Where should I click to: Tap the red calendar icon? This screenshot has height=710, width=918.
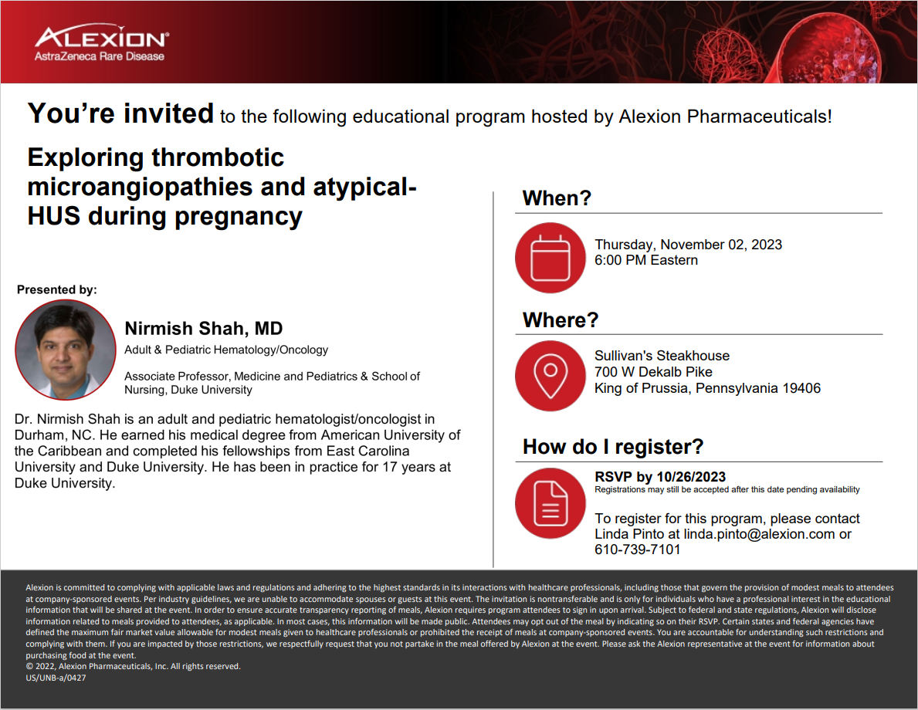[x=550, y=258]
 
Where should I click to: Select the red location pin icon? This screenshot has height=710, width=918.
[x=550, y=376]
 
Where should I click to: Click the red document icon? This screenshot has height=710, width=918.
[x=550, y=503]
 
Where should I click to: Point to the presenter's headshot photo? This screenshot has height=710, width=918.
[x=66, y=350]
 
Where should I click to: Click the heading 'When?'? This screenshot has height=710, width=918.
[x=557, y=198]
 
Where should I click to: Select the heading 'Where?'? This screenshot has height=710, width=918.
[x=561, y=320]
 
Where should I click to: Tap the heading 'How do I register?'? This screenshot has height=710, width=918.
[x=613, y=447]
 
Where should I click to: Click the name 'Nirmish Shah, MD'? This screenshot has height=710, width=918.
[x=204, y=328]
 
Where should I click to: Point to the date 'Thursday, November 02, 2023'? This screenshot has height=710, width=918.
[x=688, y=244]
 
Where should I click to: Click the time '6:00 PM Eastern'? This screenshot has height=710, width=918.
[x=646, y=260]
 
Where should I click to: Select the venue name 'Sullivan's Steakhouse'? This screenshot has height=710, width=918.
[x=662, y=355]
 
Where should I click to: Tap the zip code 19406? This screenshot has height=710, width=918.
[x=801, y=388]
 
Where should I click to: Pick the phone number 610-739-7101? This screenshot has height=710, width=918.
[x=638, y=549]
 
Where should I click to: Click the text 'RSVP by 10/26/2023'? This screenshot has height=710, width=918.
[x=660, y=477]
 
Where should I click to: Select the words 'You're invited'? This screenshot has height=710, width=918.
[x=120, y=113]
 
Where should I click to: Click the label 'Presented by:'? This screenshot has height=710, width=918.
[x=57, y=289]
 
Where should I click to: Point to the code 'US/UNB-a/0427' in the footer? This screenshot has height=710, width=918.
[x=56, y=678]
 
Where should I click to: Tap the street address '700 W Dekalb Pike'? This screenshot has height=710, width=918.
[x=653, y=372]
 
